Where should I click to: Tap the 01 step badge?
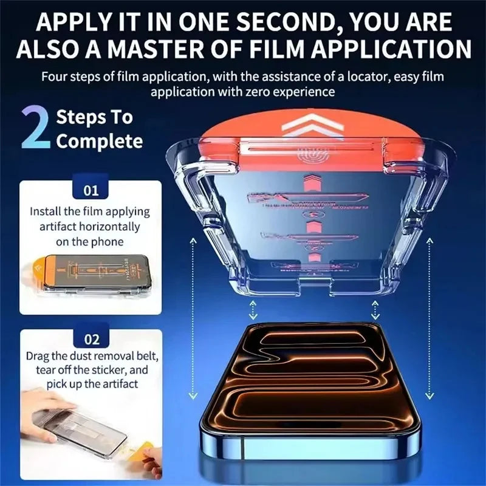point(91,191)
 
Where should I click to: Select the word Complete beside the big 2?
point(100,142)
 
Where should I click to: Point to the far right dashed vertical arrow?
point(430,316)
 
